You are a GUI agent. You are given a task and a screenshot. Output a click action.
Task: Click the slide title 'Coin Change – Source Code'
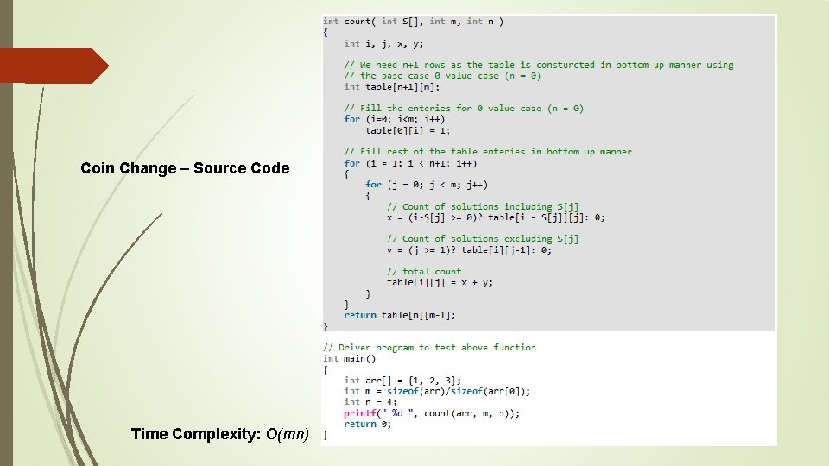(185, 168)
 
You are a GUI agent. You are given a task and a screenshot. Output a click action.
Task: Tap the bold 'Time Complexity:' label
(195, 434)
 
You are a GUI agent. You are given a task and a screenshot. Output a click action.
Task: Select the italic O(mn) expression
(288, 434)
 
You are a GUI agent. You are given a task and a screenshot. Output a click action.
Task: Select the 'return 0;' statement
(367, 424)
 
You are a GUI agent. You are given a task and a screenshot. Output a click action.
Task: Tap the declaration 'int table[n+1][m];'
(391, 86)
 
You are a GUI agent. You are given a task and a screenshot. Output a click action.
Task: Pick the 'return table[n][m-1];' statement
(400, 315)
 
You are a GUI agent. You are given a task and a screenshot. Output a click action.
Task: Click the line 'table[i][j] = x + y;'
(440, 282)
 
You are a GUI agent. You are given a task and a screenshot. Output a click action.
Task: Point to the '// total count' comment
(424, 271)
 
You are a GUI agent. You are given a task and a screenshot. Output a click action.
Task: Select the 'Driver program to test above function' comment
(429, 348)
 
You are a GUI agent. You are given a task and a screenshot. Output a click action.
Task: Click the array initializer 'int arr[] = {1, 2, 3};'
(402, 380)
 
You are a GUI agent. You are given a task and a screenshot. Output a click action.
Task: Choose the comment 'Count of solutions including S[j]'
(483, 206)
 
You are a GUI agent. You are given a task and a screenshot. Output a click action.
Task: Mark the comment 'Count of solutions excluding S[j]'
(483, 238)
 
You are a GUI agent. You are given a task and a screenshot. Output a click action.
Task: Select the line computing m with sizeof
(437, 391)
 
